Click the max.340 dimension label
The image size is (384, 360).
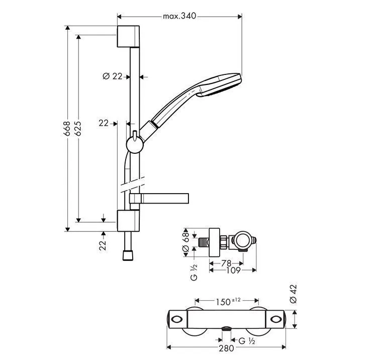coord(179,17)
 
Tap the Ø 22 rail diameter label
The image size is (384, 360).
coord(113,76)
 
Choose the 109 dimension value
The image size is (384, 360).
coord(226,270)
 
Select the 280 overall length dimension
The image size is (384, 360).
coord(226,346)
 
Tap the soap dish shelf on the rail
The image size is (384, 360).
coord(161,198)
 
